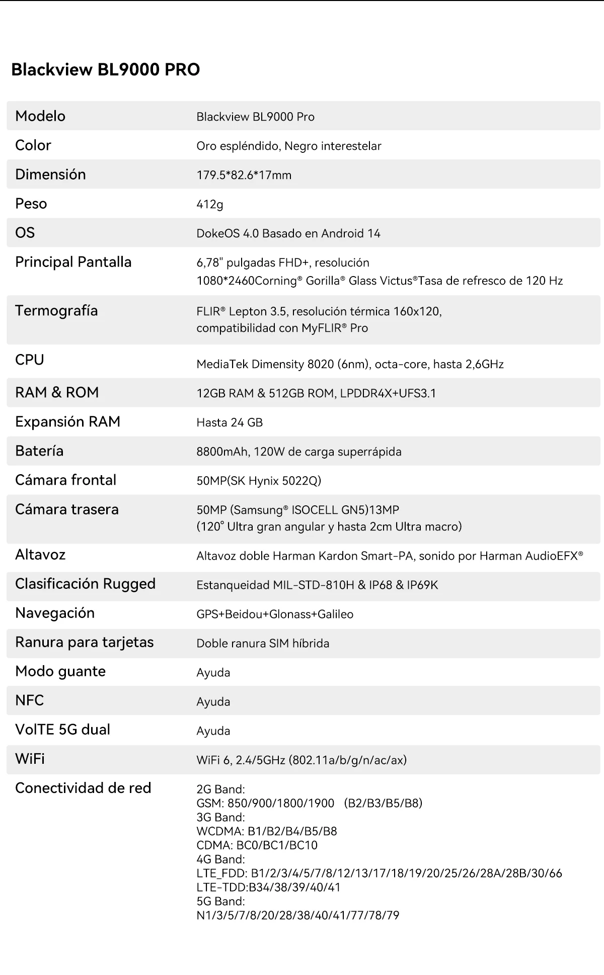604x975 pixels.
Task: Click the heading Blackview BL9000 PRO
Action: [x=105, y=69]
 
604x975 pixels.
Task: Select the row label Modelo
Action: [x=40, y=116]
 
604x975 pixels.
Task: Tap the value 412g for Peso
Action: [x=209, y=204]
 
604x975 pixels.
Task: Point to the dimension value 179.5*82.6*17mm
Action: [x=244, y=175]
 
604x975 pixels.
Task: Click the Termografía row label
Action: [x=56, y=311]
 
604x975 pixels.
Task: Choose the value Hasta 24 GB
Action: [x=230, y=422]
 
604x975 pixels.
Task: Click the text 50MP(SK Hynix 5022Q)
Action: [x=259, y=481]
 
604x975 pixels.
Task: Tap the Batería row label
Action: [x=39, y=451]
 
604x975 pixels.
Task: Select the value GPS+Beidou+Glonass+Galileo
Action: [x=275, y=614]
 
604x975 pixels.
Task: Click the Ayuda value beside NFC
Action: [x=213, y=701]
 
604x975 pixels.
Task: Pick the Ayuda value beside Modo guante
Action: [x=213, y=672]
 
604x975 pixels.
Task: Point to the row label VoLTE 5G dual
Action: [x=62, y=730]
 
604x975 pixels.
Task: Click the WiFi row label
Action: [x=30, y=759]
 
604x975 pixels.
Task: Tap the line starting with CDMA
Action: [x=257, y=845]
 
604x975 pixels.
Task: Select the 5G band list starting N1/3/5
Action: [x=297, y=915]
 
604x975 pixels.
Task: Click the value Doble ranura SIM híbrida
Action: [x=263, y=643]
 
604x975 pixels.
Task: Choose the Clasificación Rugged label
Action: [x=85, y=584]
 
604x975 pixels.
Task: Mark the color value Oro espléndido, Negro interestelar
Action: [x=288, y=146]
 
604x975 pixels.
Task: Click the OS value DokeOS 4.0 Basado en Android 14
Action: [x=288, y=233]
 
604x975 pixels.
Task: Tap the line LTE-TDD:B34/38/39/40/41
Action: [x=268, y=887]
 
